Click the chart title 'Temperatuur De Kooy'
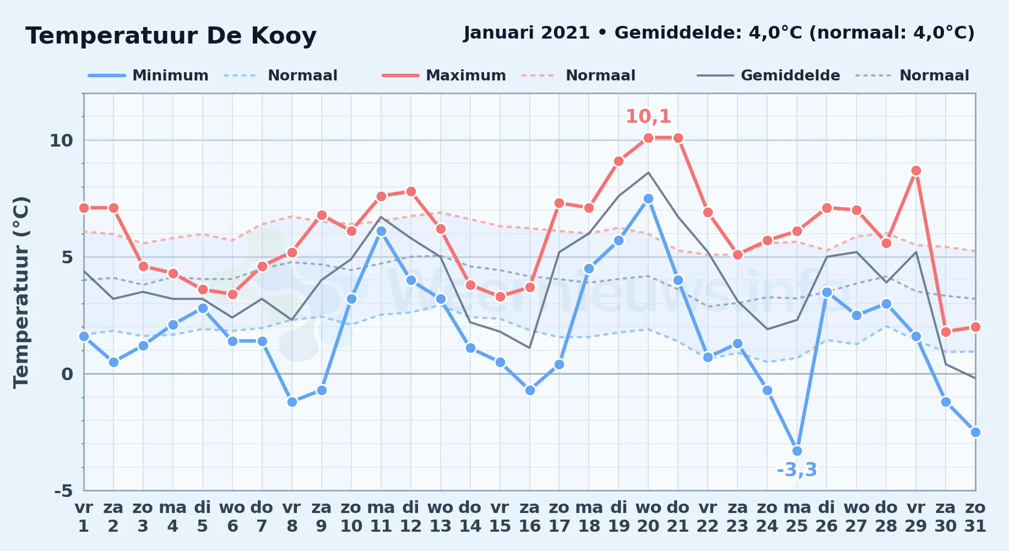pyautogui.click(x=171, y=36)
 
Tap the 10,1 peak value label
pyautogui.click(x=648, y=116)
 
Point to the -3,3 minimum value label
pyautogui.click(x=797, y=470)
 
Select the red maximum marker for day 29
pyautogui.click(x=916, y=171)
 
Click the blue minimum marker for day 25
pyautogui.click(x=797, y=451)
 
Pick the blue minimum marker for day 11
pyautogui.click(x=381, y=231)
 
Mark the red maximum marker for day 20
pyautogui.click(x=648, y=138)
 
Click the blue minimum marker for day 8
pyautogui.click(x=292, y=402)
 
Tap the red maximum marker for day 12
pyautogui.click(x=411, y=192)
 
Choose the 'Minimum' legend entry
pyautogui.click(x=148, y=75)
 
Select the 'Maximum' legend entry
pyautogui.click(x=444, y=75)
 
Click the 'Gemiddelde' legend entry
pyautogui.click(x=768, y=75)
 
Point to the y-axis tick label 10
pyautogui.click(x=61, y=141)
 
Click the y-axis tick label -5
pyautogui.click(x=63, y=491)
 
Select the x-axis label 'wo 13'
pyautogui.click(x=441, y=517)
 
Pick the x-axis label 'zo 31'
pyautogui.click(x=975, y=517)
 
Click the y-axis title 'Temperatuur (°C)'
pyautogui.click(x=21, y=292)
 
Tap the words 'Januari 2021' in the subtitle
pyautogui.click(x=527, y=33)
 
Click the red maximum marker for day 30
pyautogui.click(x=946, y=332)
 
